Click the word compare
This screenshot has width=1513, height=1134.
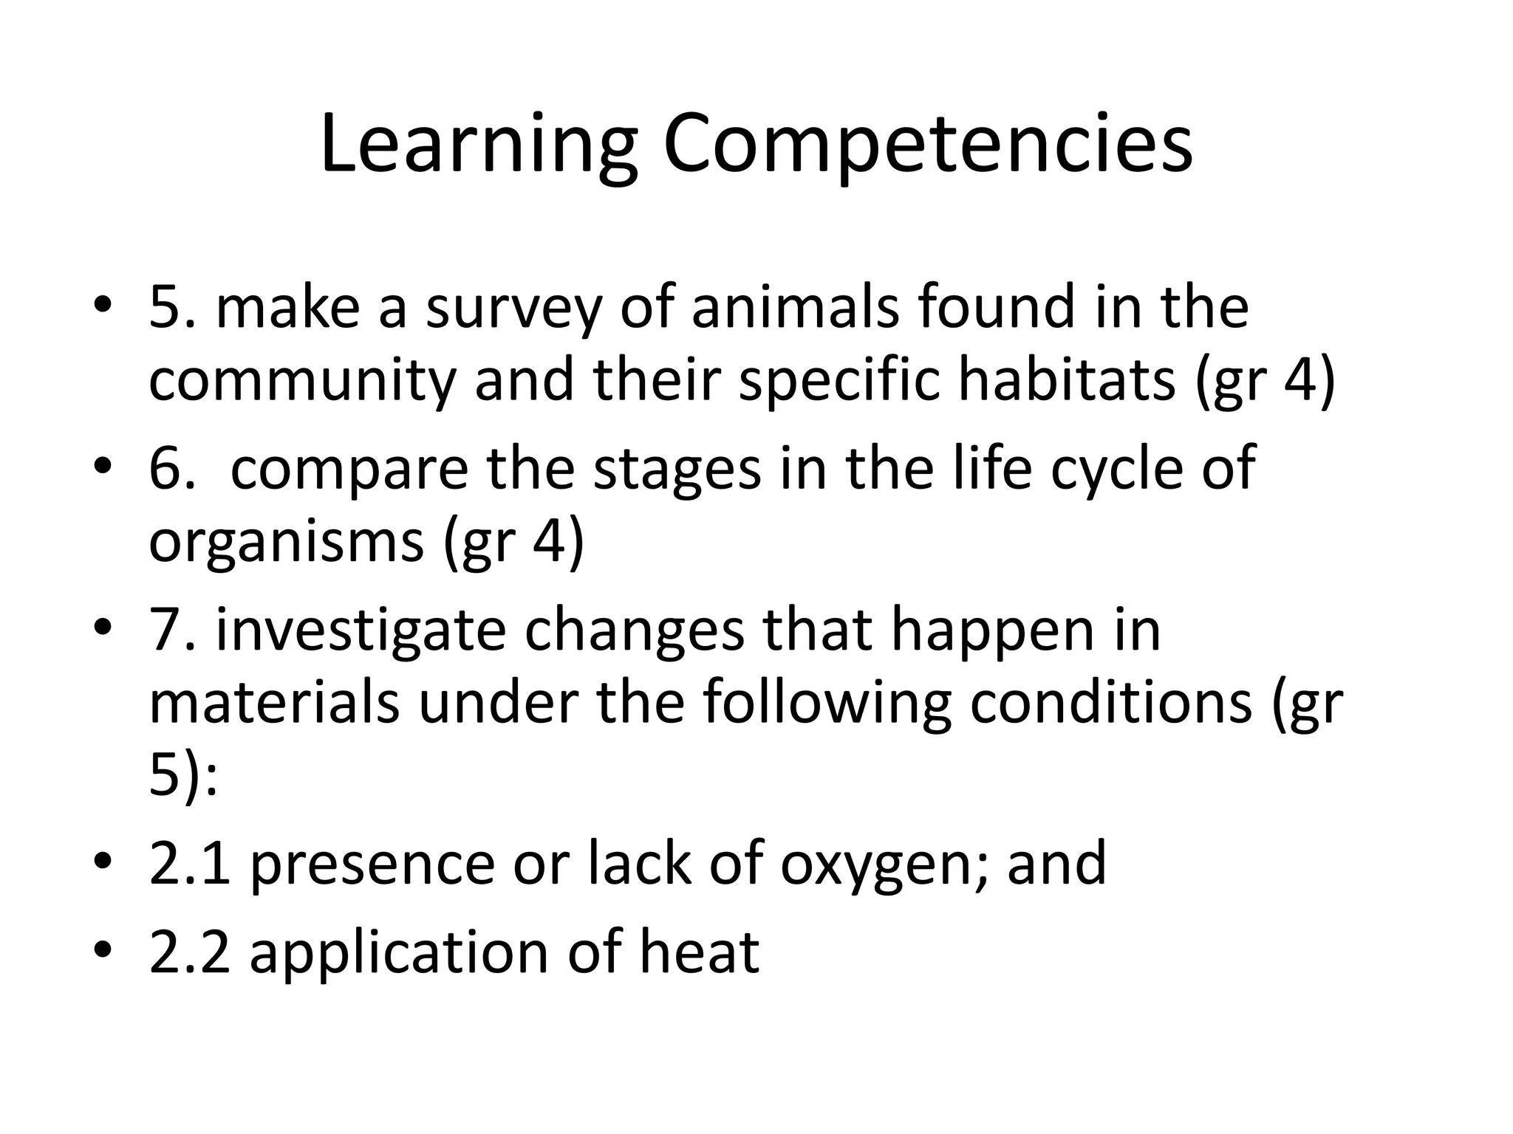349,469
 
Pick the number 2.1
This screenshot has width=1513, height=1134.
189,864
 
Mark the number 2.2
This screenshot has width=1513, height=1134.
189,952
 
